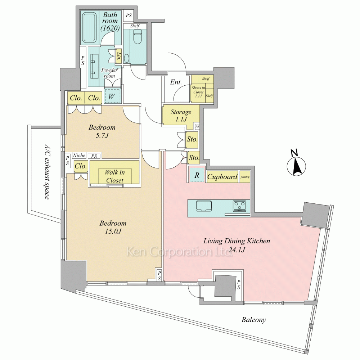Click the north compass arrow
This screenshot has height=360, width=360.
point(296,166)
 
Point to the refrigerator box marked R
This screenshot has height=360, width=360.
point(197,175)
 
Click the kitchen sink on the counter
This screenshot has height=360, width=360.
point(204,206)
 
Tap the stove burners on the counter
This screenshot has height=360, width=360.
point(240,206)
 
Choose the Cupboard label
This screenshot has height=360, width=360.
point(222,177)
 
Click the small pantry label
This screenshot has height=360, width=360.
point(245,177)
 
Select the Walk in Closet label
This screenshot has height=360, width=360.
point(114,176)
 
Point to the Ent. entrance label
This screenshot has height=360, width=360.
point(176,82)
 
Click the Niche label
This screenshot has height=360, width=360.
point(79,156)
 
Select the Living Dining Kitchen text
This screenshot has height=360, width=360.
point(237,241)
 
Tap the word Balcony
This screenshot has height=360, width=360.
point(254,319)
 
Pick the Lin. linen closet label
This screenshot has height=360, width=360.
point(119,56)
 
